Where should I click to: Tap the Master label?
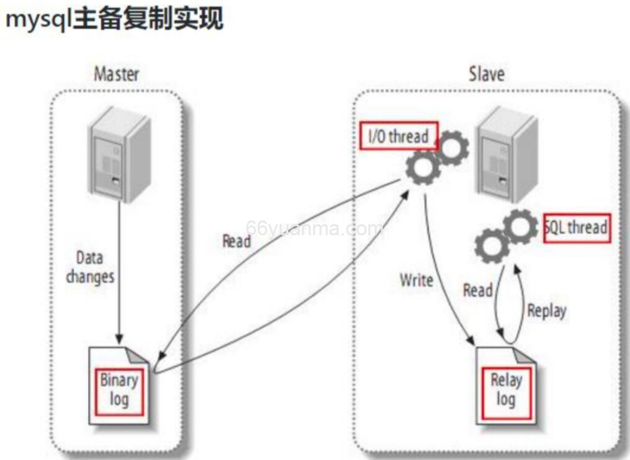116,74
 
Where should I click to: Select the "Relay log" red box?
506,389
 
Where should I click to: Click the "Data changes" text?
90,267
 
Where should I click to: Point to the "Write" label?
416,280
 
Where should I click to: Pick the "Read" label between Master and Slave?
236,241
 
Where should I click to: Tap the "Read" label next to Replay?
477,290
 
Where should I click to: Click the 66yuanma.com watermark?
314,228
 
